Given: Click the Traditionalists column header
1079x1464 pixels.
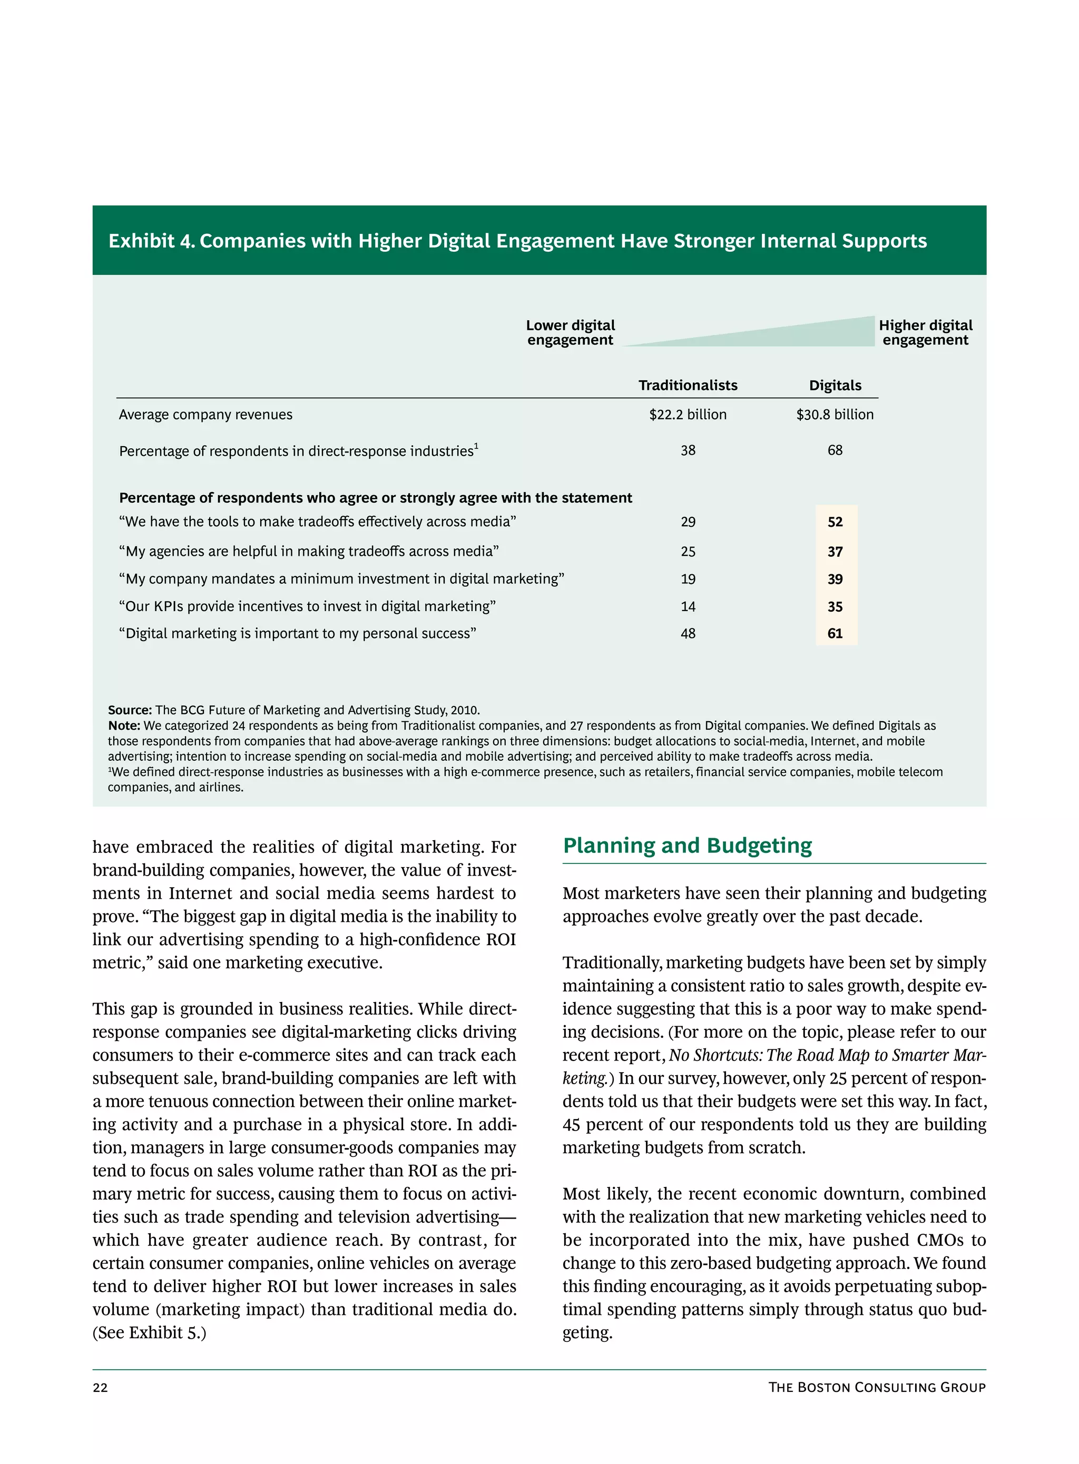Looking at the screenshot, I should (687, 385).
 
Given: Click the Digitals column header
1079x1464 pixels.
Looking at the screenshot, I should (835, 385).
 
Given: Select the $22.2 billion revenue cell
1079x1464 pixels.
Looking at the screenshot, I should (687, 415).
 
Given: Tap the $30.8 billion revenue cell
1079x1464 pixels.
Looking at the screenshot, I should (834, 415).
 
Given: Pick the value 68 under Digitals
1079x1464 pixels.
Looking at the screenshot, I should (835, 450).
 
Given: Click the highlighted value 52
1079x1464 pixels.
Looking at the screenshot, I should (835, 522).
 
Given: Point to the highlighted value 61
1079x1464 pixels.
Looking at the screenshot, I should (835, 633).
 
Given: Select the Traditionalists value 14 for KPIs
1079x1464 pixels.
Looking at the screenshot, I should (688, 607).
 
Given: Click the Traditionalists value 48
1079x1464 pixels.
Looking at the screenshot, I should (688, 633).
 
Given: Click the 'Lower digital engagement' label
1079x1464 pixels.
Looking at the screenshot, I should (570, 332).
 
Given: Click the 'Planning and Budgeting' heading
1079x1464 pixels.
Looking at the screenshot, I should (687, 845).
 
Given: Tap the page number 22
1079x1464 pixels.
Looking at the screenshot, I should (100, 1388).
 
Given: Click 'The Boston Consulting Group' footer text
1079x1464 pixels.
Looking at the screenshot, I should (877, 1387).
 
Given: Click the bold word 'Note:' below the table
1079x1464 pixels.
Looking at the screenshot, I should (124, 725).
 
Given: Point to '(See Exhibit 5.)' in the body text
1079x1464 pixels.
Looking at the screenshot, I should (149, 1333).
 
